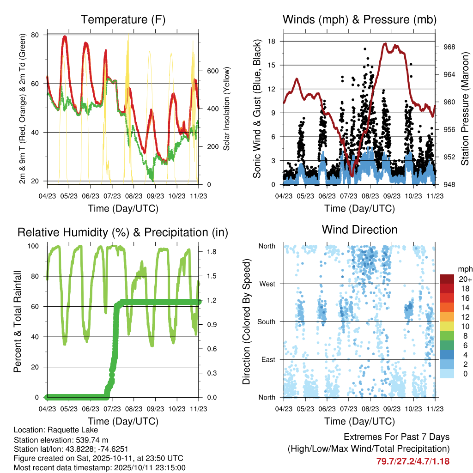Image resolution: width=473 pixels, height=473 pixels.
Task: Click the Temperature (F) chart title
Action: [x=122, y=20]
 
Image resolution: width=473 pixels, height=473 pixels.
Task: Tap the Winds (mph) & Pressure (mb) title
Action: [x=359, y=20]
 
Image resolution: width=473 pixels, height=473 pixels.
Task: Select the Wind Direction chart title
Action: [x=359, y=230]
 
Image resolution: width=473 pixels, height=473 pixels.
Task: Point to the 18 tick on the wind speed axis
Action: [x=272, y=41]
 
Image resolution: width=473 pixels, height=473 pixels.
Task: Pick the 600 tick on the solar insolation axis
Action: [x=212, y=71]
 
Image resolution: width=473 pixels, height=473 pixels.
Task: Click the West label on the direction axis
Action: [x=267, y=284]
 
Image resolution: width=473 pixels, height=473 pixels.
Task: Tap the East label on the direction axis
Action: [x=268, y=359]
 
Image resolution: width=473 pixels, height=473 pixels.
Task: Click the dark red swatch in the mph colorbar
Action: [x=447, y=279]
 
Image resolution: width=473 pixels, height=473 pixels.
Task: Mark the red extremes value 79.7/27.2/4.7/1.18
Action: [x=412, y=461]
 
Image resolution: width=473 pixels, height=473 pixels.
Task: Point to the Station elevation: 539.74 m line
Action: [x=61, y=439]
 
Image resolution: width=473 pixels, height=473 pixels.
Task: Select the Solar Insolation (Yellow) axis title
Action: [x=227, y=109]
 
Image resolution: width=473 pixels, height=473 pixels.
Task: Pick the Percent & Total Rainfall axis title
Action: [x=18, y=322]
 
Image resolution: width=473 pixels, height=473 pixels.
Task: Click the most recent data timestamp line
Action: [x=100, y=467]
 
